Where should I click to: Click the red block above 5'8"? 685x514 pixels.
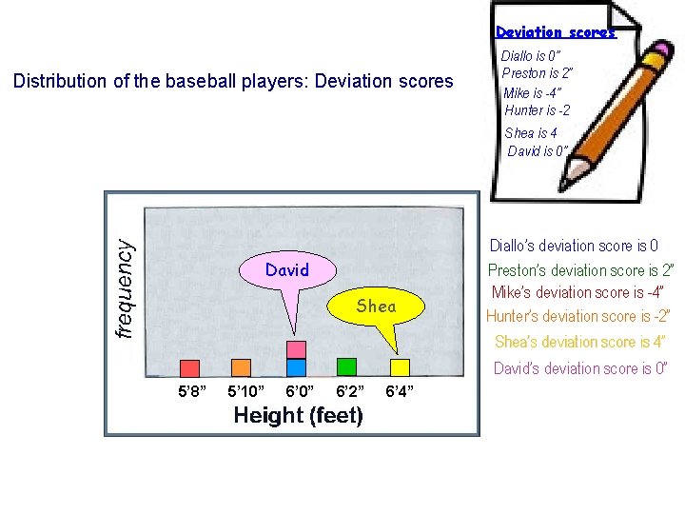(x=189, y=367)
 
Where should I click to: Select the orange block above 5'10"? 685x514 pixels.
(x=242, y=367)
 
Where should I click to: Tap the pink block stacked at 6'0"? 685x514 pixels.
(x=296, y=349)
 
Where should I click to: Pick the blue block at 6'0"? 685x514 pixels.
(x=296, y=366)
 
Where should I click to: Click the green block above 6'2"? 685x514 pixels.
(x=346, y=366)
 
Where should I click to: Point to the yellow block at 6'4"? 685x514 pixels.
(x=401, y=366)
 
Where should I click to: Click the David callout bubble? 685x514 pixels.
(x=287, y=270)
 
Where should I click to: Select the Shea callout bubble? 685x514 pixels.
(x=376, y=306)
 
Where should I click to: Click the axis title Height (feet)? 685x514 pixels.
(x=298, y=416)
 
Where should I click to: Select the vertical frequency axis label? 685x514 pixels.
(x=124, y=287)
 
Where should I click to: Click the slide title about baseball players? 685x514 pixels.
(x=233, y=81)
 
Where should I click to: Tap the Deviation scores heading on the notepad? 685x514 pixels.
(x=556, y=32)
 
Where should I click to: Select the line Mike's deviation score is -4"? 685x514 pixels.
(x=577, y=292)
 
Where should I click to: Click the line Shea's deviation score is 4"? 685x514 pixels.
(x=579, y=342)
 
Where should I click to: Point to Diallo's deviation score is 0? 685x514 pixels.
(x=573, y=246)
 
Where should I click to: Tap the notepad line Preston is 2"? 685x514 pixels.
(x=537, y=73)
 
